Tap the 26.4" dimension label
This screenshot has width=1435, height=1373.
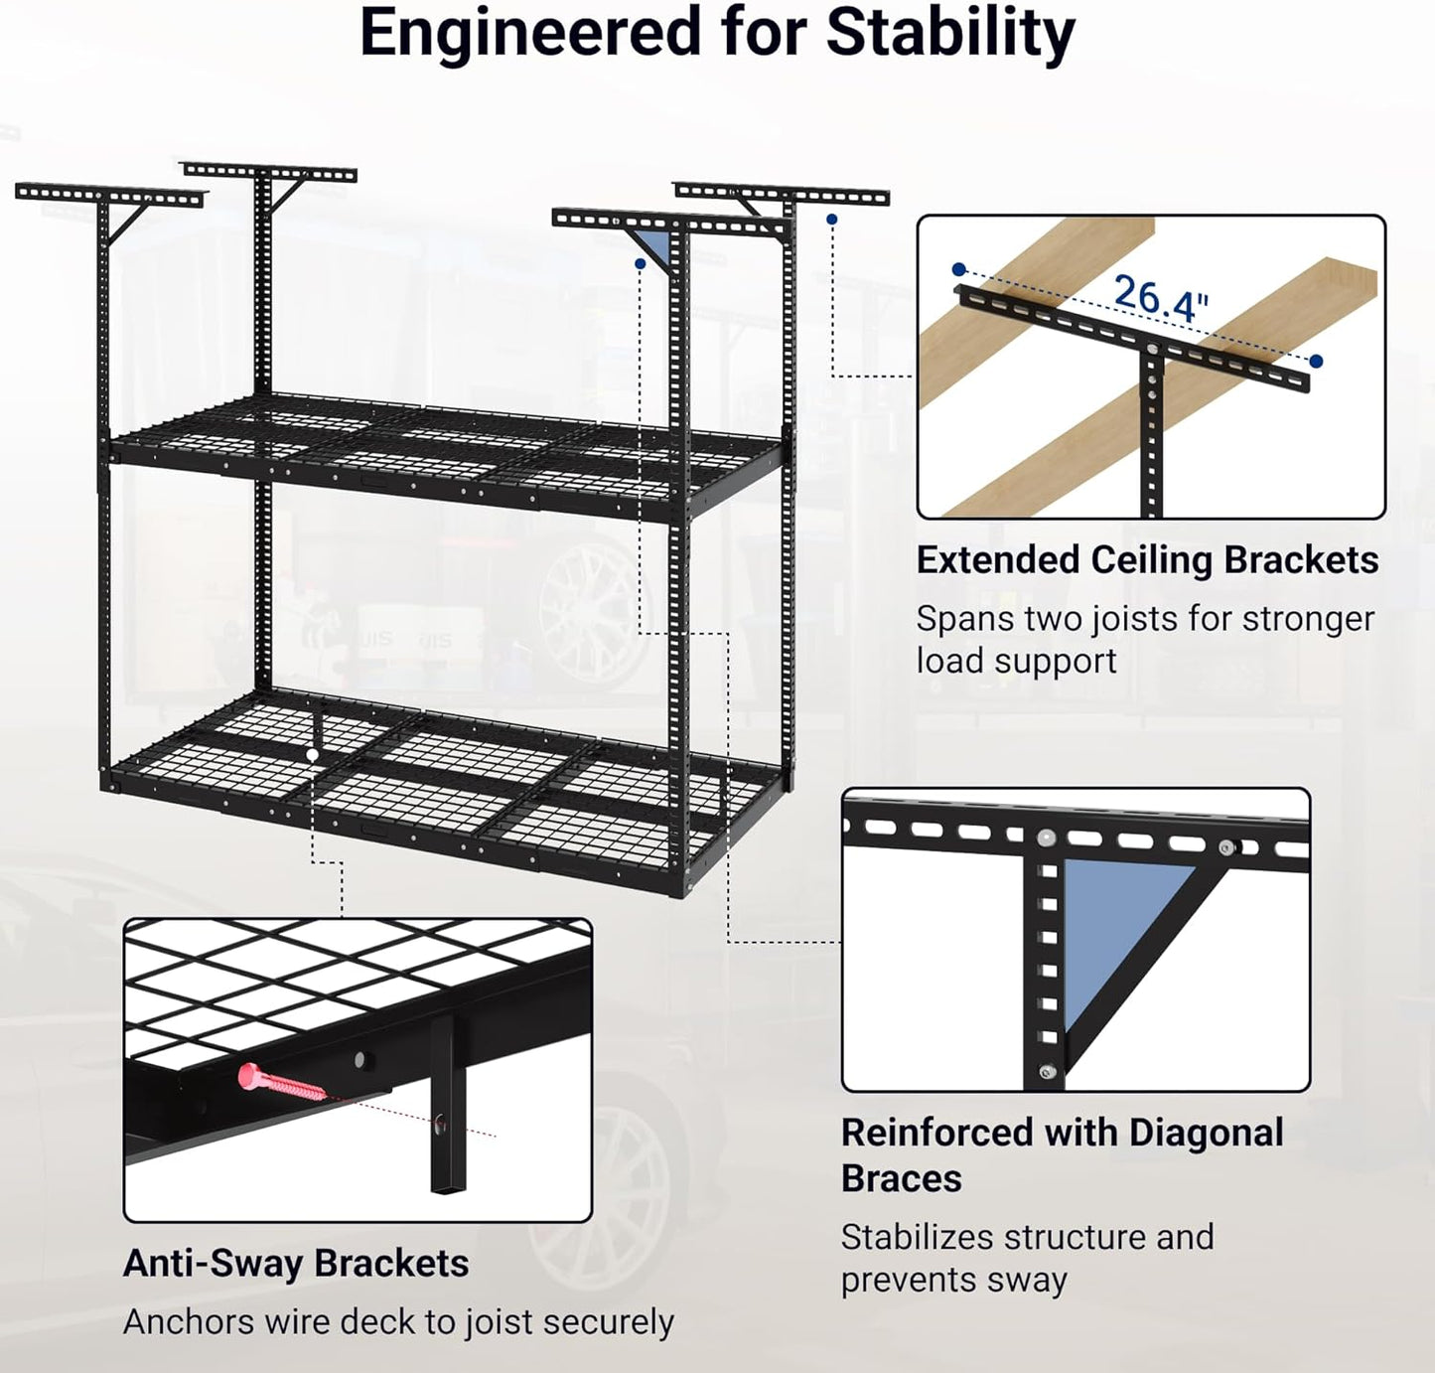coord(1160,298)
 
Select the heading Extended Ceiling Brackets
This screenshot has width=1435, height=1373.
coord(1146,560)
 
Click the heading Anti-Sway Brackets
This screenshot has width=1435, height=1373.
coord(296,1263)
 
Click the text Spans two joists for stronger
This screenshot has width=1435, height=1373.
coord(1144,619)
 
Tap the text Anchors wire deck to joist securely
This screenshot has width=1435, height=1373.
coord(398,1322)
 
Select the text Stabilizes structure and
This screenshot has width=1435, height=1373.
coord(1026,1238)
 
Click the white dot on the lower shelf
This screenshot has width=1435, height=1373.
coord(313,756)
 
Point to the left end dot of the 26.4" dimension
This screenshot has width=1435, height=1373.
coord(958,269)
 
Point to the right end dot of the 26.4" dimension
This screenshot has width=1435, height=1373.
coord(1316,362)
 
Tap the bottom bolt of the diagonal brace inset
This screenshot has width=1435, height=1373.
coord(1046,1072)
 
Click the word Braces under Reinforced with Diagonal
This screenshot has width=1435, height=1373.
coord(901,1179)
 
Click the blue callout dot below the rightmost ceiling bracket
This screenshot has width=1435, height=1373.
coord(831,220)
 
